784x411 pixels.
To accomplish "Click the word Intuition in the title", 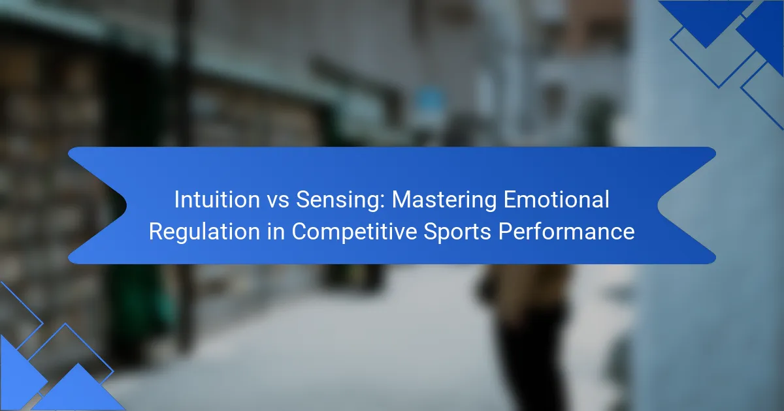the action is (217, 200).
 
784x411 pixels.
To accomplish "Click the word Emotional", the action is (557, 200).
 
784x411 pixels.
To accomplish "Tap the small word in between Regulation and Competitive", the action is (276, 232).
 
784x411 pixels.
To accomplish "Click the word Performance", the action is (566, 232).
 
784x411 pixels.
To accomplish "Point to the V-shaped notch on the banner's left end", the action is (126, 205).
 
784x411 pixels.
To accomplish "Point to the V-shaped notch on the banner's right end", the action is (658, 205).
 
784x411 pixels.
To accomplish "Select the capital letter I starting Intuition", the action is (177, 200).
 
